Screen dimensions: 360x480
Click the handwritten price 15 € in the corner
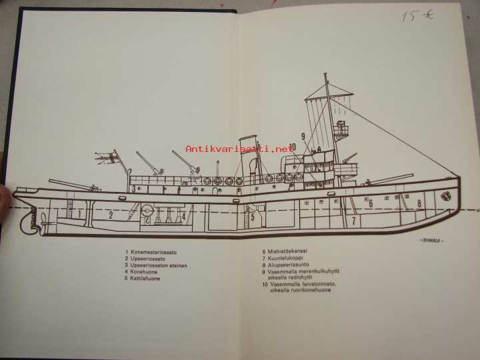[x=418, y=15]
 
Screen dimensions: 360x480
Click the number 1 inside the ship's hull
[x=79, y=214]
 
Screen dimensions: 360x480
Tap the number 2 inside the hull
[x=111, y=215]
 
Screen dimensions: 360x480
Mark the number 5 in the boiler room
[x=253, y=216]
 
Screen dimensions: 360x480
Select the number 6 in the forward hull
[x=371, y=203]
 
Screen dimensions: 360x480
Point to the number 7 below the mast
[x=353, y=219]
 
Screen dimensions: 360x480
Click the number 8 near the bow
[x=419, y=203]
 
